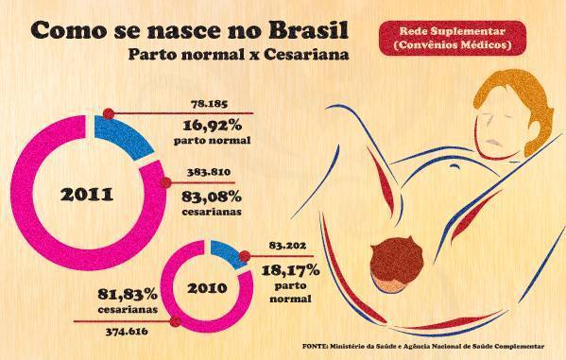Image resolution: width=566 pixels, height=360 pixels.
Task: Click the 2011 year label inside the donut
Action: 86,196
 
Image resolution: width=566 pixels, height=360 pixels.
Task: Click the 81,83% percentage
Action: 120,291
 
